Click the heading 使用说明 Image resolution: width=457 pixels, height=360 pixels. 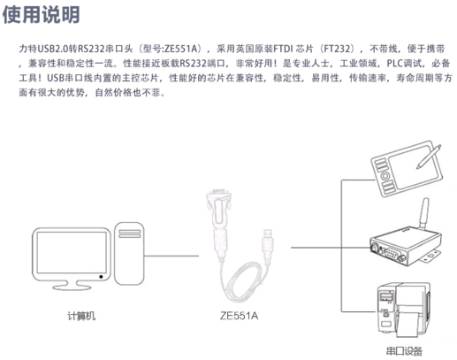[41, 14]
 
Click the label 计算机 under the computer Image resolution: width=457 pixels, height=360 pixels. [81, 316]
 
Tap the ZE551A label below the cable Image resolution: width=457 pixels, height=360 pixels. [239, 316]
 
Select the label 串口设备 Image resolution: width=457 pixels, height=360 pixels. [404, 351]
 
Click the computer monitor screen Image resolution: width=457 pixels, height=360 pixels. [72, 253]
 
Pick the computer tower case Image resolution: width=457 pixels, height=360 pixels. [129, 254]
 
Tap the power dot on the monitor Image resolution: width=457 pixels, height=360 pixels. [101, 277]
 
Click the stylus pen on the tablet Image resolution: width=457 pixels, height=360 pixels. [429, 157]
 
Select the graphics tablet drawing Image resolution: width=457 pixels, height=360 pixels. [407, 169]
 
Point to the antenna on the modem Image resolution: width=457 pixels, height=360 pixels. [423, 213]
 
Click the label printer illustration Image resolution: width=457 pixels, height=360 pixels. [404, 310]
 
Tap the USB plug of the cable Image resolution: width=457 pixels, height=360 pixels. [268, 241]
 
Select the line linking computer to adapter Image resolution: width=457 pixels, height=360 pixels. [171, 256]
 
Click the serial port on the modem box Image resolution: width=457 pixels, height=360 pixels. [391, 254]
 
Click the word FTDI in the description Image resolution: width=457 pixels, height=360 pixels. [283, 49]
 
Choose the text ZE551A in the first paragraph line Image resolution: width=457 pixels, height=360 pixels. [180, 49]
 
